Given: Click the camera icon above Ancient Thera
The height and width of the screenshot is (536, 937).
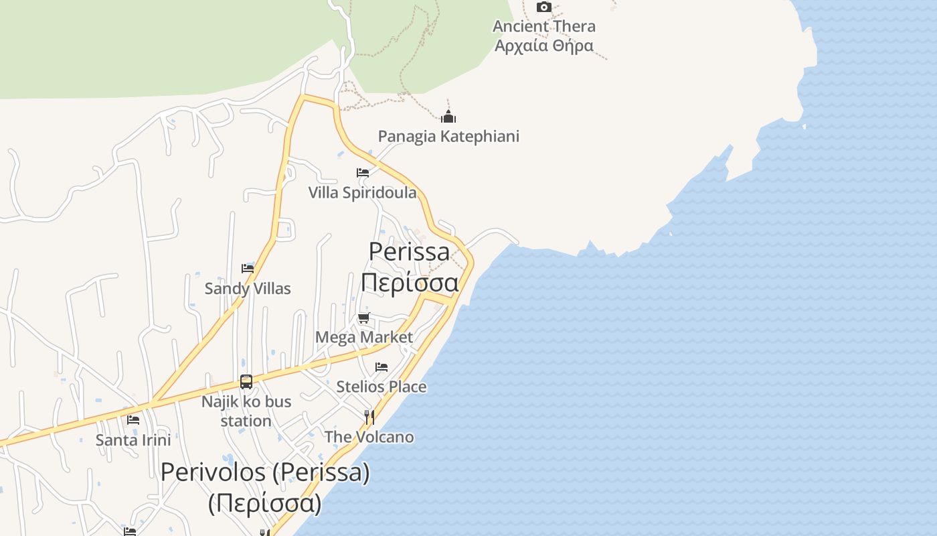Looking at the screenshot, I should (x=544, y=7).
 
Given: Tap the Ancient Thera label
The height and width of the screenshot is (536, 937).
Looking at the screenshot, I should (x=543, y=27).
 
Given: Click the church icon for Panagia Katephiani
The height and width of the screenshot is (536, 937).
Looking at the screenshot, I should (x=448, y=117).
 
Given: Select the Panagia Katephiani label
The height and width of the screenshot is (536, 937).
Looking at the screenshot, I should (x=448, y=136).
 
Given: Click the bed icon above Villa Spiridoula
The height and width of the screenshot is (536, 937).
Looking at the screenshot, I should (x=363, y=173).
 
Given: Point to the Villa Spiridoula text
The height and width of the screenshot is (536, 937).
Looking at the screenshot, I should (x=362, y=193).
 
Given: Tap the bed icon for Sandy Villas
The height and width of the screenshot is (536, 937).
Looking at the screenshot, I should (x=248, y=269).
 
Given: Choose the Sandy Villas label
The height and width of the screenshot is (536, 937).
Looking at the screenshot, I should (x=248, y=289).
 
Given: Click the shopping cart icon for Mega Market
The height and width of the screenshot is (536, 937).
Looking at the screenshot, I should (x=363, y=318).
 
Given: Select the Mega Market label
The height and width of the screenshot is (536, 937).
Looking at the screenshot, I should (x=364, y=337).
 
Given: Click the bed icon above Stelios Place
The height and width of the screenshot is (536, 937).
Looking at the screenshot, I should (x=381, y=367).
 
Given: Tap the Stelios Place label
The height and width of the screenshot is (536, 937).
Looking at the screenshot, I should (x=381, y=387).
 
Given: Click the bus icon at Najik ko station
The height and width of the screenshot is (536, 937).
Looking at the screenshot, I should (x=246, y=382).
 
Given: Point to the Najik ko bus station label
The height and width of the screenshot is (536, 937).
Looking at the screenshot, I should (x=246, y=411).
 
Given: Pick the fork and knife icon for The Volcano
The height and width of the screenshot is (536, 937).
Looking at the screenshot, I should (x=369, y=417).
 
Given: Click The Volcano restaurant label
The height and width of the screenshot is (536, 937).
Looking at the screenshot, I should (x=369, y=437).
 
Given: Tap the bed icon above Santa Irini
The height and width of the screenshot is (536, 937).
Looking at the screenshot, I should (x=133, y=420).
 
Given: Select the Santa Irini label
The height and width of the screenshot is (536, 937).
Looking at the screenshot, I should (x=133, y=440).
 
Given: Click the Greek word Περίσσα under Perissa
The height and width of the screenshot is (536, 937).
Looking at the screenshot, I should (x=410, y=283).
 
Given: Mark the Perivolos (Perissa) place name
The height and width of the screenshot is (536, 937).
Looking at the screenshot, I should (x=265, y=472).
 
